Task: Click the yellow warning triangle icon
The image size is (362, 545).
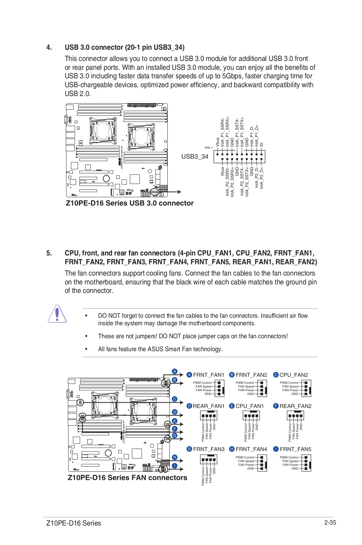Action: click(57, 314)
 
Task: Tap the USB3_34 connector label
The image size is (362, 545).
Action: click(195, 156)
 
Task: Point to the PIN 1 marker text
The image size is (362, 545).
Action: click(209, 148)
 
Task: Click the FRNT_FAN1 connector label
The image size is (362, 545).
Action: click(209, 375)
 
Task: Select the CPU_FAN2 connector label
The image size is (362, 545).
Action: click(293, 375)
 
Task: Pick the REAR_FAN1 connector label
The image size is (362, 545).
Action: click(209, 406)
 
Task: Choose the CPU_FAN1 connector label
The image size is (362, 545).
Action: click(250, 406)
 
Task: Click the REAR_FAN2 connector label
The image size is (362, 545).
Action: click(296, 406)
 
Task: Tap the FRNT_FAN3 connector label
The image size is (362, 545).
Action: click(209, 449)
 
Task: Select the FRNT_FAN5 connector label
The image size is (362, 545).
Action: click(296, 449)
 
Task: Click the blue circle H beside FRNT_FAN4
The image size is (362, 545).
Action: click(232, 449)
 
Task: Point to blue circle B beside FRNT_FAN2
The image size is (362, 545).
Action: click(232, 375)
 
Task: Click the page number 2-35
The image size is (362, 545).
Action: click(330, 523)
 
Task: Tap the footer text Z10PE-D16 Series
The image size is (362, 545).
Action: click(74, 523)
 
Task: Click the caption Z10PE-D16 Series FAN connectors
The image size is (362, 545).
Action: click(127, 478)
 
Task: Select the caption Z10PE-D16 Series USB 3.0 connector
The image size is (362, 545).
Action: click(130, 203)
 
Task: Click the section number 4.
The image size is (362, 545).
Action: click(49, 47)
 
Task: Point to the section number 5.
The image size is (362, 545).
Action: click(49, 253)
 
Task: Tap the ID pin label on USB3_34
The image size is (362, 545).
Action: click(262, 144)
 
